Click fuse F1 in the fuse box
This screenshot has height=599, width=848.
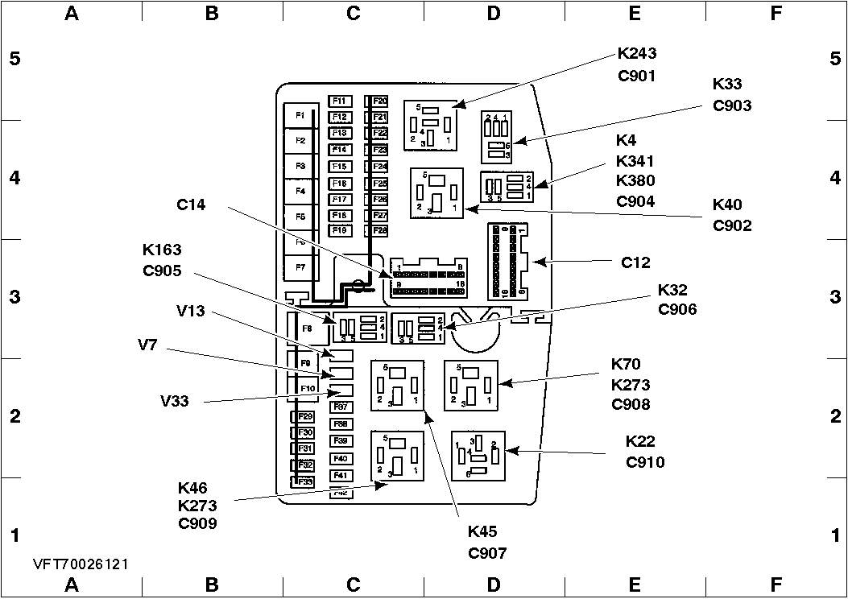[300, 116]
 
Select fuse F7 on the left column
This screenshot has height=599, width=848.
[300, 266]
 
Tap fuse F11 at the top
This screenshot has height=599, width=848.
[339, 101]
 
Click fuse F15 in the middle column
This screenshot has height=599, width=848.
[339, 167]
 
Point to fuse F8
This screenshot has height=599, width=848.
[307, 328]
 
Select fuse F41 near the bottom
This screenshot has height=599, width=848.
[340, 475]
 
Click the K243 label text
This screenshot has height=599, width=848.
[637, 55]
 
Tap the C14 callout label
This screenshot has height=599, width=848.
[191, 205]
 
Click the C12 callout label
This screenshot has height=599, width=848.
[635, 262]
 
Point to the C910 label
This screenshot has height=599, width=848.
[645, 462]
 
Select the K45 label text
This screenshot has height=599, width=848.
[482, 531]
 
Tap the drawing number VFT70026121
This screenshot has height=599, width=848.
[81, 565]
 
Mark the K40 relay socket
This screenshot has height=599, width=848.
[436, 193]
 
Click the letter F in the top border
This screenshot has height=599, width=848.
[776, 13]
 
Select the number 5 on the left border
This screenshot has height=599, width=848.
[14, 59]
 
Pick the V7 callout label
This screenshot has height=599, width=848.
[148, 345]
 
